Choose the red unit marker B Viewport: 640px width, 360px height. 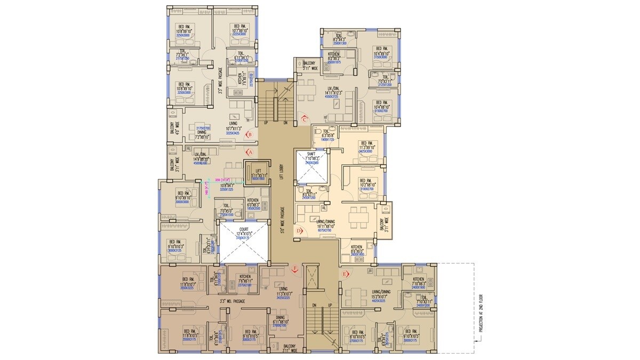(x=249, y=135)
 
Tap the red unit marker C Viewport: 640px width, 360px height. (x=305, y=119)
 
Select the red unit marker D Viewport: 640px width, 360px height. (x=299, y=231)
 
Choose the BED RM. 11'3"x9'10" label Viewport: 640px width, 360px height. (x=368, y=147)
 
